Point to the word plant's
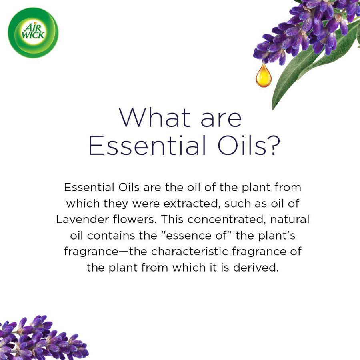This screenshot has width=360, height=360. click(276, 236)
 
